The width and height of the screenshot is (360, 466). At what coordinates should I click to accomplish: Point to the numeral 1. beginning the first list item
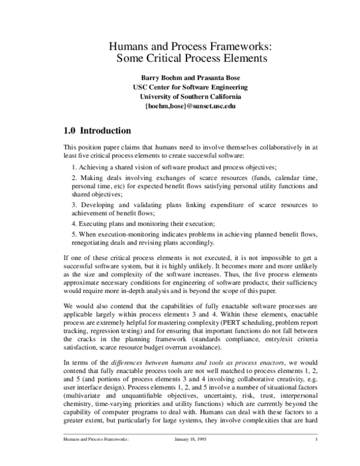click(x=73, y=166)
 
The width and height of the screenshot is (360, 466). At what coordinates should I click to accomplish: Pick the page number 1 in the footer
click(x=315, y=455)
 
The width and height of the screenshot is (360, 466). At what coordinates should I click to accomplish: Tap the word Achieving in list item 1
click(x=93, y=166)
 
